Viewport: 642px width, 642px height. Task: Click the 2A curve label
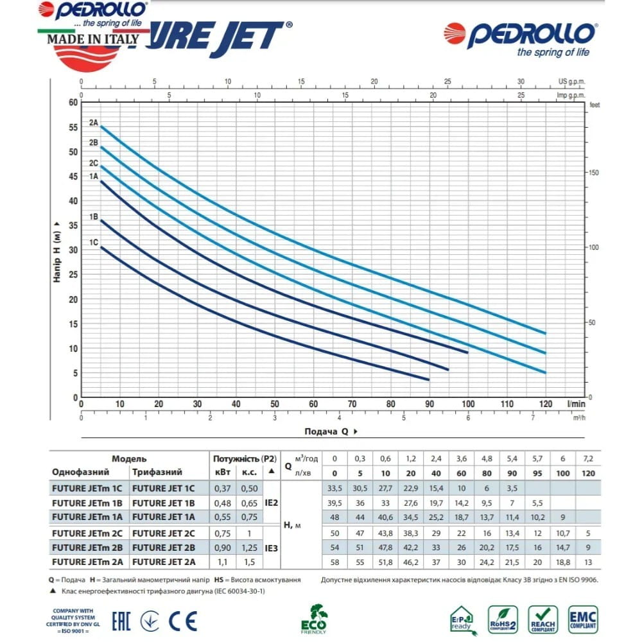[94, 122]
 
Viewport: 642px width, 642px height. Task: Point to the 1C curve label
[94, 242]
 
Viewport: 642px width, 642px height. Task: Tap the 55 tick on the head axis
[73, 127]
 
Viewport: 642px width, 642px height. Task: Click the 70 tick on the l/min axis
[352, 404]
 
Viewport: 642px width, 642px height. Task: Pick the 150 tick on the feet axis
[594, 173]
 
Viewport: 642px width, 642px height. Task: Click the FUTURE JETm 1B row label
[86, 503]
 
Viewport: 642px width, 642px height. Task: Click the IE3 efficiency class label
[272, 547]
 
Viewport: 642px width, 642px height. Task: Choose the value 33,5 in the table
[333, 489]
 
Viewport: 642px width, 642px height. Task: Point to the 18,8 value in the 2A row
[562, 561]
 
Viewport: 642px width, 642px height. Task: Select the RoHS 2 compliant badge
[503, 620]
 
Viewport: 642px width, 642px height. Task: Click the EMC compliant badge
[583, 620]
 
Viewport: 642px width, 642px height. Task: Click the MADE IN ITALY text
[92, 38]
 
